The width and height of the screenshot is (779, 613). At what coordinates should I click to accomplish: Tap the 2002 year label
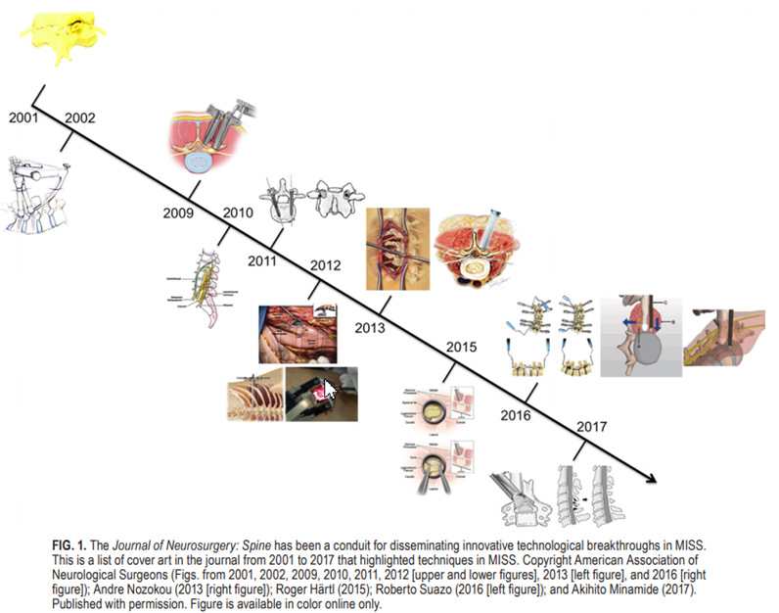click(80, 118)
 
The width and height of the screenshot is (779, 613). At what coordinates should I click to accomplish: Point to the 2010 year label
click(238, 212)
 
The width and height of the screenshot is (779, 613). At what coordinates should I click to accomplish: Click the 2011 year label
click(262, 261)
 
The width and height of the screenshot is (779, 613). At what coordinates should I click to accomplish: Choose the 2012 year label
click(325, 265)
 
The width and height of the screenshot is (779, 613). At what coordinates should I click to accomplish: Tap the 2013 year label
click(369, 327)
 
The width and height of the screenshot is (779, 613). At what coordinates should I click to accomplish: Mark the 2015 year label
click(461, 347)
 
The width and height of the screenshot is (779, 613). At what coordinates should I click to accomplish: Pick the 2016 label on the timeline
click(513, 415)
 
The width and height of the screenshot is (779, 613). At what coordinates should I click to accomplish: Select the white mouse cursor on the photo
click(330, 390)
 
